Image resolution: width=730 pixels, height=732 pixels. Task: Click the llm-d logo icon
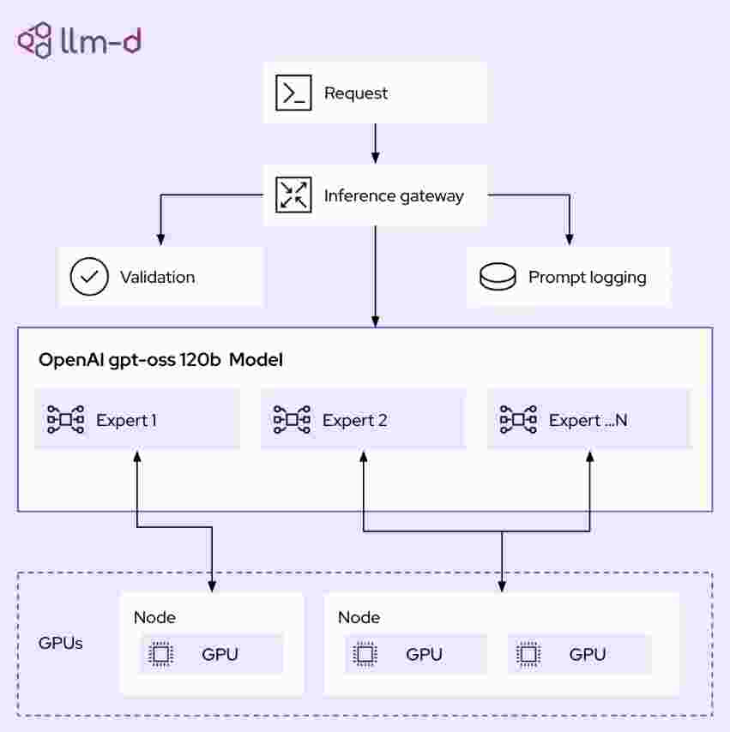click(34, 40)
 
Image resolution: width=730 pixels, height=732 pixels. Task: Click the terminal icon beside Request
click(293, 93)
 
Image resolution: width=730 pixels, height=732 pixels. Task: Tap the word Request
click(356, 93)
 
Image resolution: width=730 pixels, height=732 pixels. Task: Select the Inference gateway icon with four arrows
click(293, 195)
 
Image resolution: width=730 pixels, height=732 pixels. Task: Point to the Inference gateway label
click(394, 196)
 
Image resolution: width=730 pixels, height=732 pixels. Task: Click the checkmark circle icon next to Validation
click(89, 276)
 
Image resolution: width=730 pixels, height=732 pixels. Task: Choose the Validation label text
click(158, 278)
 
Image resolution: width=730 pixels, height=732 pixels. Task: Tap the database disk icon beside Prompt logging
click(498, 276)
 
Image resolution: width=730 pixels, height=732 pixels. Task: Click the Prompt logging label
click(588, 278)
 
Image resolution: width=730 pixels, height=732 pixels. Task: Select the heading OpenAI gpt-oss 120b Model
click(160, 360)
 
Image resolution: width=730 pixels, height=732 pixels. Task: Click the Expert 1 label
click(126, 420)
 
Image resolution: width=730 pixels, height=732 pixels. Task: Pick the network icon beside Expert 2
click(292, 419)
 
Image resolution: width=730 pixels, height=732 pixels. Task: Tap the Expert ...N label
click(588, 420)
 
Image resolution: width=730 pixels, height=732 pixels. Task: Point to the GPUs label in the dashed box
click(60, 643)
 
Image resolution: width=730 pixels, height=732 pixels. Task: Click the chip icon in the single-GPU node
click(160, 654)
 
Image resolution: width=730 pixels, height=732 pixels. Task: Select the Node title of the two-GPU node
click(359, 617)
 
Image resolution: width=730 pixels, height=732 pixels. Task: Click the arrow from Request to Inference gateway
click(375, 143)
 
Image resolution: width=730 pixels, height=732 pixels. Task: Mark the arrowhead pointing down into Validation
click(160, 239)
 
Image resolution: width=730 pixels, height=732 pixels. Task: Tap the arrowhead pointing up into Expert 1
click(137, 457)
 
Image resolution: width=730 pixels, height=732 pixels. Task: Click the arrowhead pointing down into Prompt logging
click(570, 239)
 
